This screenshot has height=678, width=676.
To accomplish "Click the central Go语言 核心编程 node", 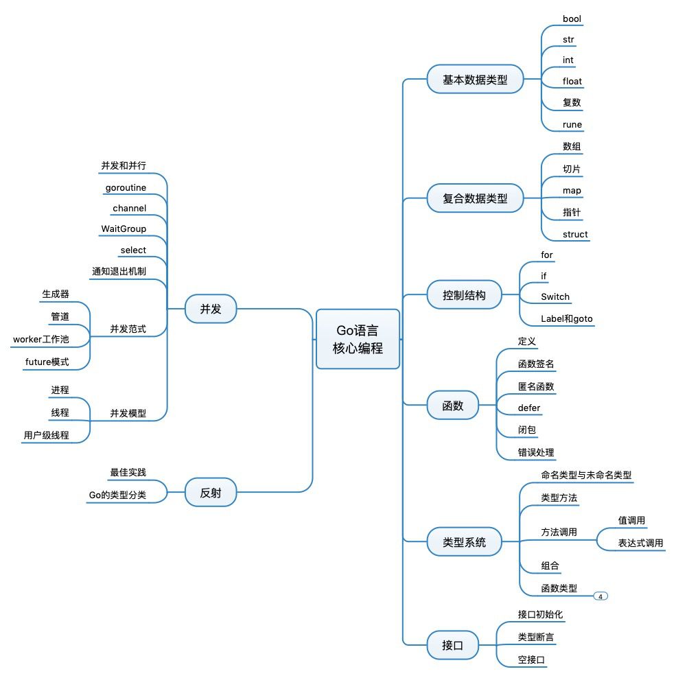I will coord(358,339).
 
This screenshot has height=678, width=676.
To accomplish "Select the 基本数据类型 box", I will coord(475,80).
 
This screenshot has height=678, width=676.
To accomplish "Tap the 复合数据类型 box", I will coord(475,198).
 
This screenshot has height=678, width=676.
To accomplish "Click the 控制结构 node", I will coord(465,295).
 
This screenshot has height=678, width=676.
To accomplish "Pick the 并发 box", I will coord(211,309).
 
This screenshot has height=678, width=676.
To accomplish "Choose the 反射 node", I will coord(211,492).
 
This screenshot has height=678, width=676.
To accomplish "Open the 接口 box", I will coord(452,645).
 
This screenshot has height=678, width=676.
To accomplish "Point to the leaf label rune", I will coord(572,124).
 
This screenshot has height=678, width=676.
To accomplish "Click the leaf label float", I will coord(572,81).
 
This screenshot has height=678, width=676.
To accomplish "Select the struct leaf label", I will coord(574,234).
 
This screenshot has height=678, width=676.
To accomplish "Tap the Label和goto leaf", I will coord(566,318).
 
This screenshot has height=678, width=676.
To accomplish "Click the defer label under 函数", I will coord(528,408).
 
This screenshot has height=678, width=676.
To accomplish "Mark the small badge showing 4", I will coord(601,596).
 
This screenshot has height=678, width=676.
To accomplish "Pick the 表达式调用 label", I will coord(640,543).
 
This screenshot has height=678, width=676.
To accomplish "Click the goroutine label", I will coord(126,187).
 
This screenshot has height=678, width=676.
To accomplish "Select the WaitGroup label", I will coord(124,229).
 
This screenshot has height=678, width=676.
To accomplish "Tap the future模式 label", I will coord(47,362).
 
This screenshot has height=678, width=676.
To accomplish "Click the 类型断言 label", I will coord(536,638).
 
